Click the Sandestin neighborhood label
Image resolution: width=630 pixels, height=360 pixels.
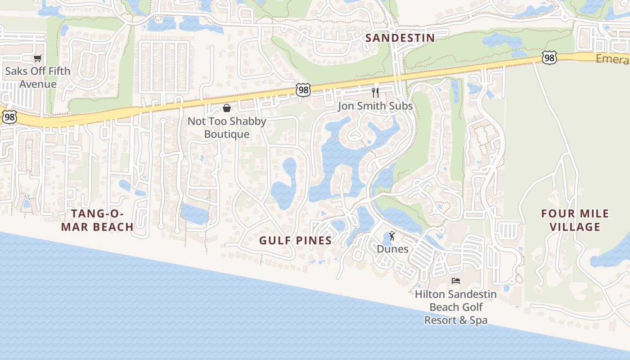tap(400, 38)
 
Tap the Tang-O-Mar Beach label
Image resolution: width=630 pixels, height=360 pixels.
tap(97, 220)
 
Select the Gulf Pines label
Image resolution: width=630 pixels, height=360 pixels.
tap(295, 241)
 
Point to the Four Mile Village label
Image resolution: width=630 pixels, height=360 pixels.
tap(575, 220)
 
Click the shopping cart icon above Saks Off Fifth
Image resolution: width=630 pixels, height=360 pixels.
tap(38, 58)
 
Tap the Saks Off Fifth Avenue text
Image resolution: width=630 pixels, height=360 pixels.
tap(38, 77)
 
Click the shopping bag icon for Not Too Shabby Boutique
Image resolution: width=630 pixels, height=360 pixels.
tap(227, 108)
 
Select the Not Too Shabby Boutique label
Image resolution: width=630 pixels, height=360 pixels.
tap(227, 128)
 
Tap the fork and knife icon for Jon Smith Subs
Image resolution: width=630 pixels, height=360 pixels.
tap(375, 93)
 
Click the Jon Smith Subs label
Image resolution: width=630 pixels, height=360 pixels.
tap(375, 107)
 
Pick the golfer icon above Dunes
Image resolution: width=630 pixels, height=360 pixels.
tap(392, 235)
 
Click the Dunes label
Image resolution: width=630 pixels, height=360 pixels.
tap(392, 249)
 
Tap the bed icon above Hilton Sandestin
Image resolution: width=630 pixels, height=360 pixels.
tap(456, 281)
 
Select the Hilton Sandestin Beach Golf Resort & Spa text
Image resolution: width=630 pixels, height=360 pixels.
tap(456, 307)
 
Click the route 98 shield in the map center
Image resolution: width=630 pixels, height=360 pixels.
tap(303, 90)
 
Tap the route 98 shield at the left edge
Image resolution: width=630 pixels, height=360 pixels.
tap(9, 117)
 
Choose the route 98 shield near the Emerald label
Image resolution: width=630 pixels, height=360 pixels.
tap(549, 58)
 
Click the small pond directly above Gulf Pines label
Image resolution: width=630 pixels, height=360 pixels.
tap(284, 184)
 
